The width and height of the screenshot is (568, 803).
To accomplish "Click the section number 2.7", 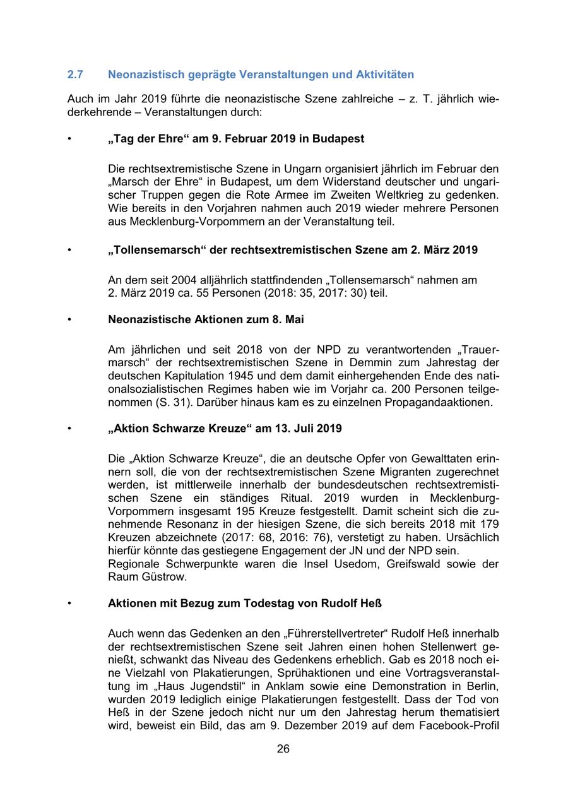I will (75, 75).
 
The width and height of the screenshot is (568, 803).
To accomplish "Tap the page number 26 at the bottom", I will (283, 749).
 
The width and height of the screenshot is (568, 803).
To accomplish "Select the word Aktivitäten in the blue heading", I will (385, 75).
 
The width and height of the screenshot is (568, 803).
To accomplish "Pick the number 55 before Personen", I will (189, 293).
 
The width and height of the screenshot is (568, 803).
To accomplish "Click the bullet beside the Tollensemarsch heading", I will (69, 250).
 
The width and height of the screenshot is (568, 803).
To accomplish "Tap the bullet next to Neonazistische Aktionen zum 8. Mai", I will (69, 319).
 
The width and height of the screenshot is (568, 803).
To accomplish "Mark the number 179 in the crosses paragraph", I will (488, 524).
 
